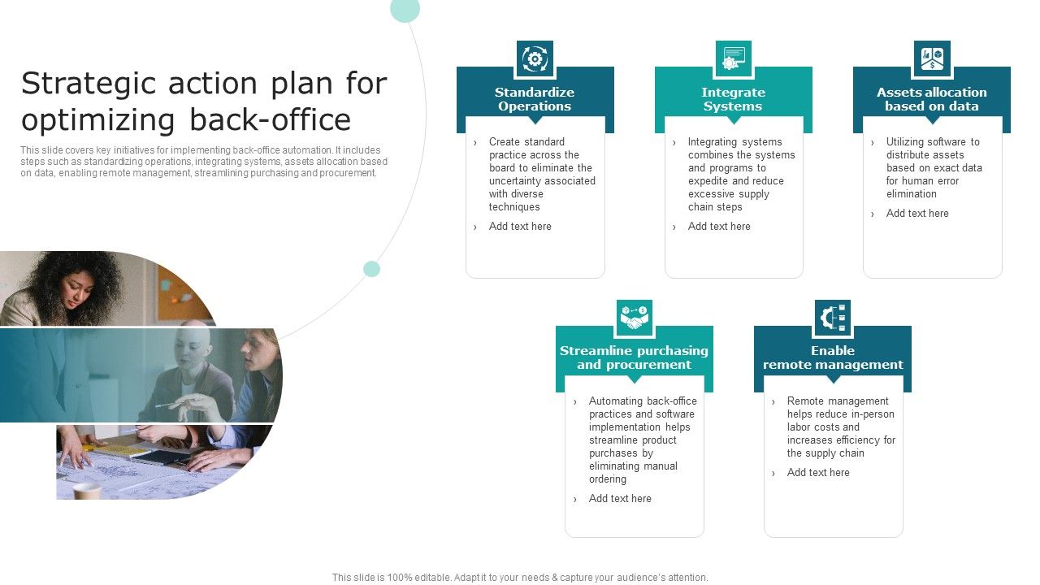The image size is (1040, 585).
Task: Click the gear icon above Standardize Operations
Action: coord(535,59)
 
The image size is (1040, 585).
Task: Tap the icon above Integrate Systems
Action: coord(733,59)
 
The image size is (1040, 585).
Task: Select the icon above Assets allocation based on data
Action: coord(932,59)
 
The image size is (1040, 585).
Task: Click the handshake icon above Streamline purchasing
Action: coord(635,318)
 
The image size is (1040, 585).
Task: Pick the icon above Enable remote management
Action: coord(833,318)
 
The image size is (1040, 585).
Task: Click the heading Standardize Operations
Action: coord(535,99)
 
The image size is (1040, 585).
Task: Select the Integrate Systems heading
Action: coord(733,99)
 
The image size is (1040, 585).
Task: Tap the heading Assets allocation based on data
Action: coord(932,99)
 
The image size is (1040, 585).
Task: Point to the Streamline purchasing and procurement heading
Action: coord(634,357)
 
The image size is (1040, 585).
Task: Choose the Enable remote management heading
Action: coord(833,357)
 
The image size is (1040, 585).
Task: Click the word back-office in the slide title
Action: coord(270,119)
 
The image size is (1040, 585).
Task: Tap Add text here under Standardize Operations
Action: coord(520,227)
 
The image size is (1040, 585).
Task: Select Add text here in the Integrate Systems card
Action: coord(719,227)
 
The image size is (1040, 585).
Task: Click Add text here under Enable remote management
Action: coord(818,473)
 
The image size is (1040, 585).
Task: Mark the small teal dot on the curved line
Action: coord(371,269)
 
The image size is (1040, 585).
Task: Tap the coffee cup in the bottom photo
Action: coord(86,490)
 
